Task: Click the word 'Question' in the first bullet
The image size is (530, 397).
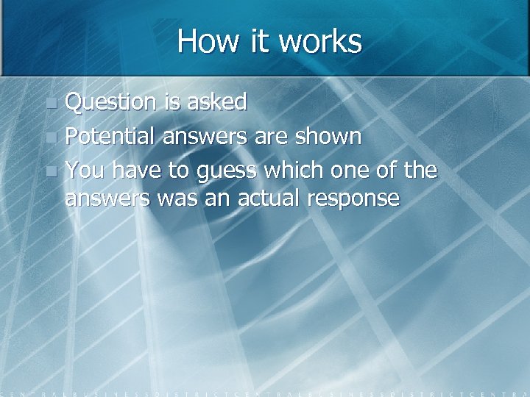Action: [x=111, y=102]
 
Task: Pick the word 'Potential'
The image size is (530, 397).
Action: [x=111, y=137]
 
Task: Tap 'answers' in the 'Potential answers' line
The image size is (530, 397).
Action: [x=206, y=137]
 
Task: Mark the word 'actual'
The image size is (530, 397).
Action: [x=269, y=198]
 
